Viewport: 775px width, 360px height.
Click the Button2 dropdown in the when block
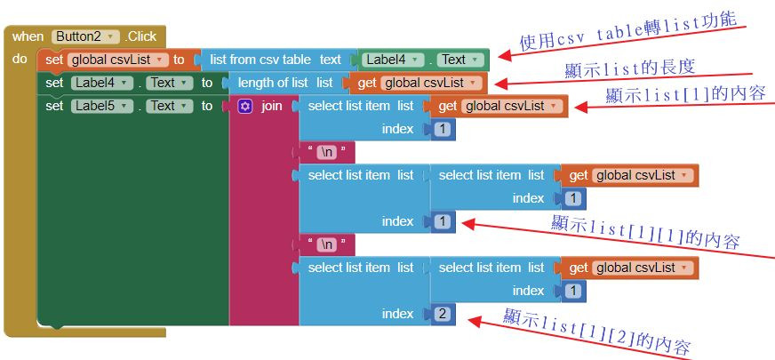coord(85,36)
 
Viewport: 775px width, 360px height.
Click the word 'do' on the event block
coord(20,60)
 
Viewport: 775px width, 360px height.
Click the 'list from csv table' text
coord(260,60)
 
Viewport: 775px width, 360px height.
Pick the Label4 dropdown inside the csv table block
coord(392,60)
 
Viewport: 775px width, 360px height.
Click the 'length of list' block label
coord(273,83)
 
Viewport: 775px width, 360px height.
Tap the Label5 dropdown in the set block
coord(102,106)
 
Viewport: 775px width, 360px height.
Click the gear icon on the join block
coord(245,106)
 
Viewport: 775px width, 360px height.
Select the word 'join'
coord(272,106)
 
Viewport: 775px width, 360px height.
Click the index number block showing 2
coord(443,314)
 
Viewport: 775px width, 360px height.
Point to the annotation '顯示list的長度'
coord(629,68)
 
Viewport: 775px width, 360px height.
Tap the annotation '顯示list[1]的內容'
coord(685,92)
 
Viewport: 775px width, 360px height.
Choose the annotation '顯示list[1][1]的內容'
coord(645,230)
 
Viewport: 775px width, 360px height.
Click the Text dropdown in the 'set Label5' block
coord(167,106)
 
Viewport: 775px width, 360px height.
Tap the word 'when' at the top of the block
coord(28,36)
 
